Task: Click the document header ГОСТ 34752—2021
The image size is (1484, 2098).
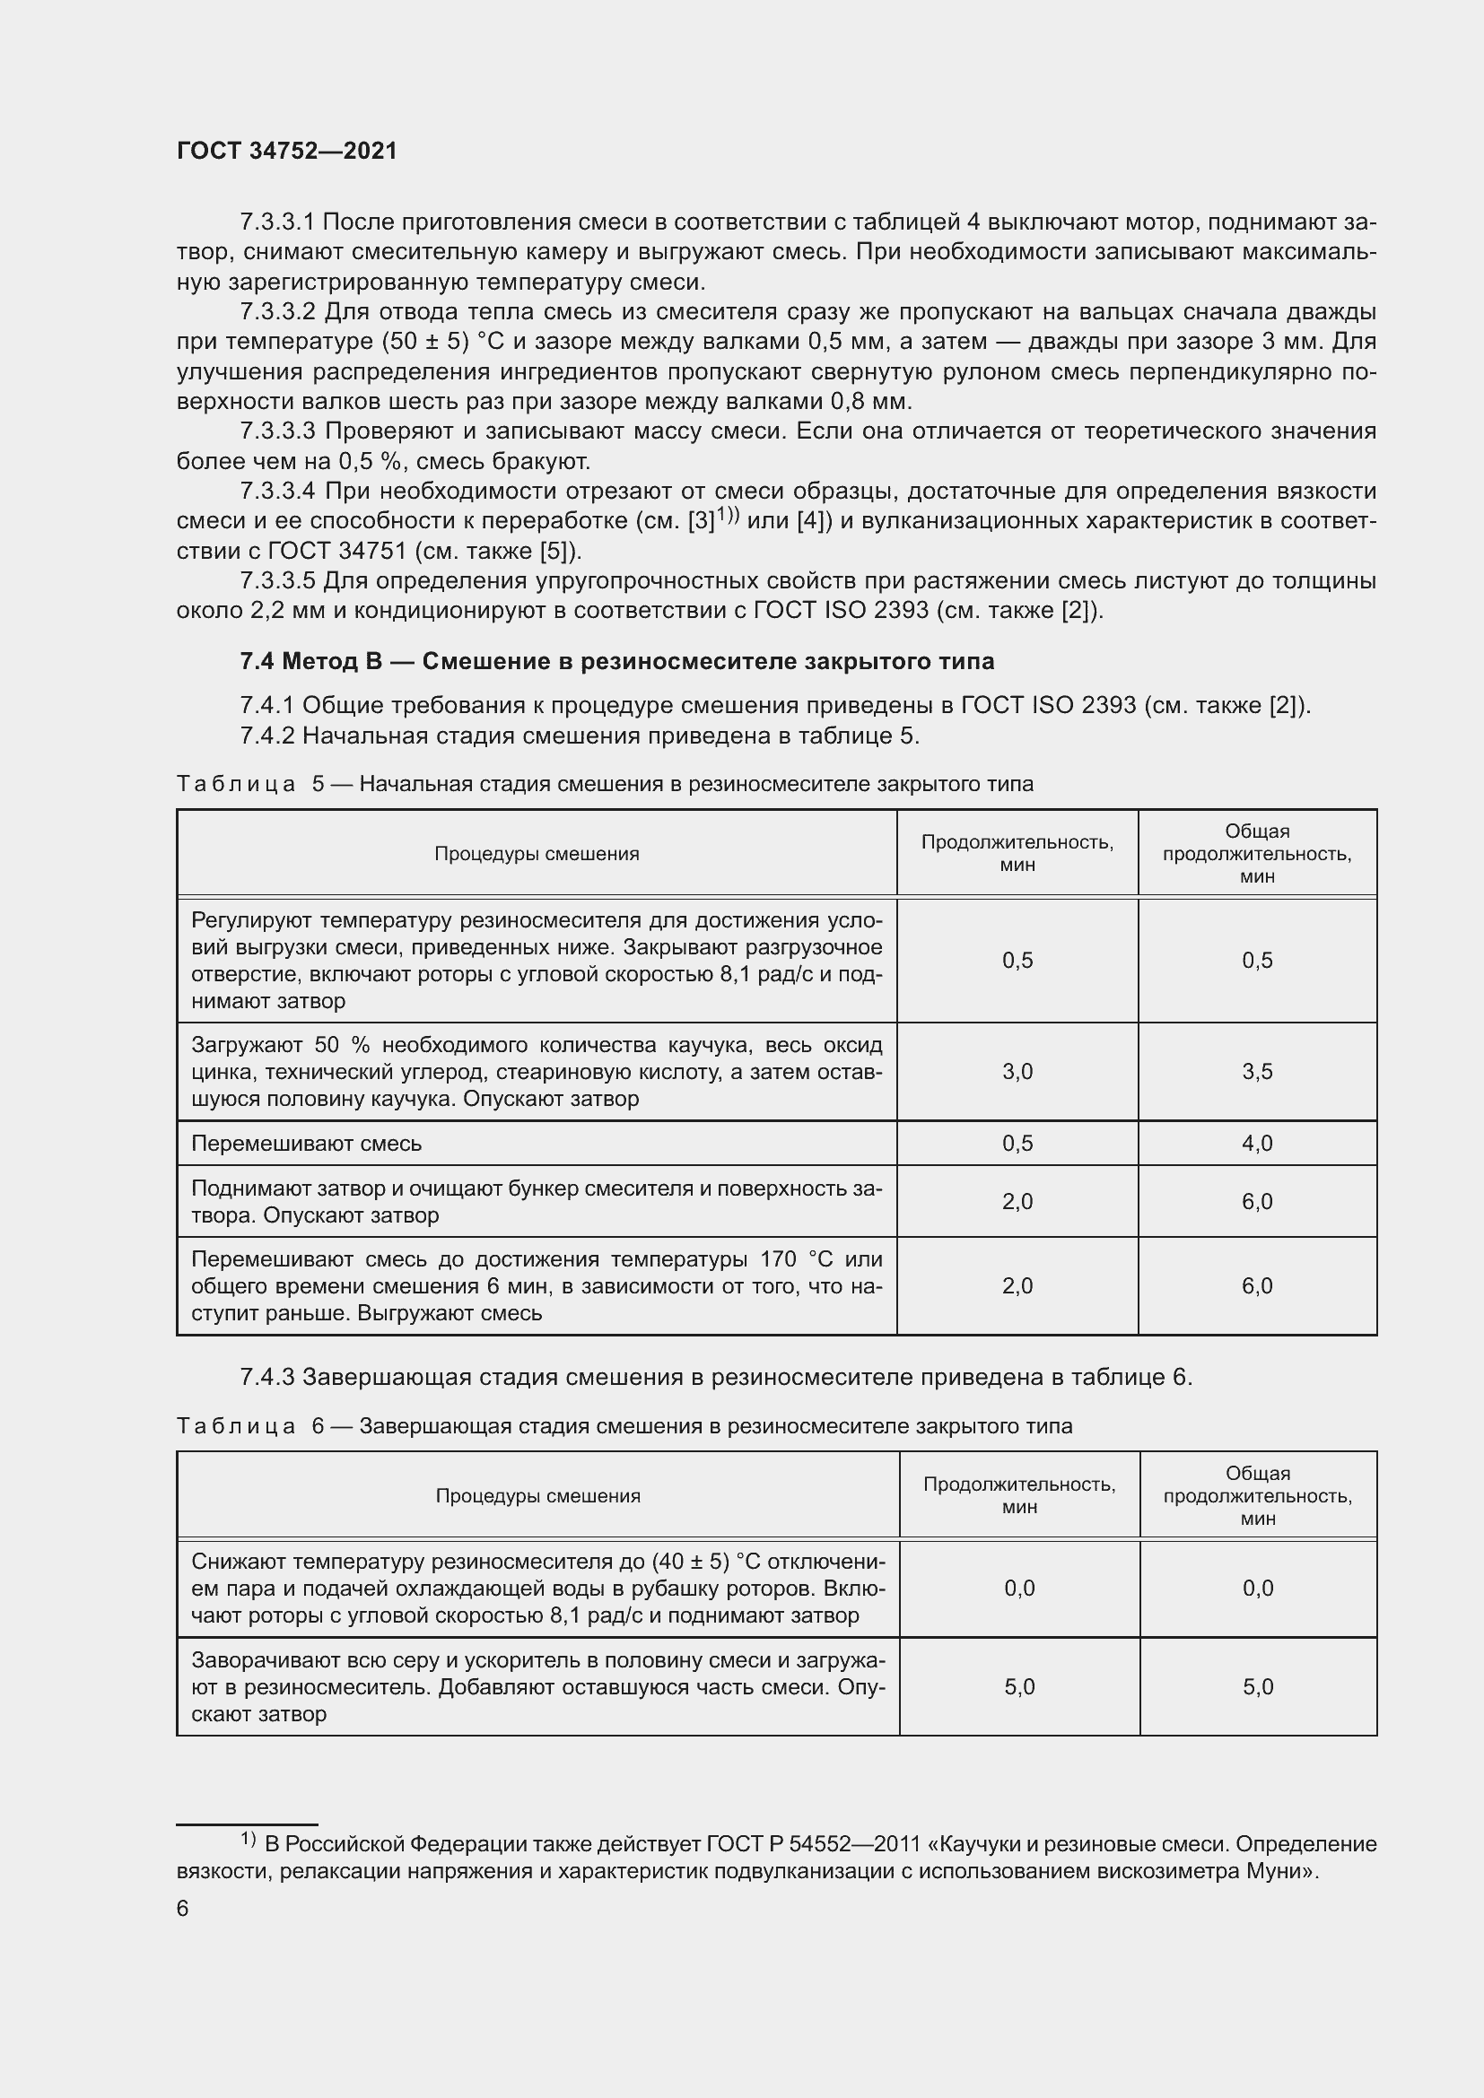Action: pyautogui.click(x=287, y=151)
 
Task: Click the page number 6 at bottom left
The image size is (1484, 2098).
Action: pyautogui.click(x=183, y=1909)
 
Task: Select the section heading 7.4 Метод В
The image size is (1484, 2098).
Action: pyautogui.click(x=616, y=661)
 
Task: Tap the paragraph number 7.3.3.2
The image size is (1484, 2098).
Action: pyautogui.click(x=277, y=311)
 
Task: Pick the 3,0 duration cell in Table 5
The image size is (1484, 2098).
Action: pyautogui.click(x=1017, y=1071)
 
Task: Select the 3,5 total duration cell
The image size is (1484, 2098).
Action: pyautogui.click(x=1256, y=1071)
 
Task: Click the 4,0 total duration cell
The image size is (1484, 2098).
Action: pyautogui.click(x=1256, y=1143)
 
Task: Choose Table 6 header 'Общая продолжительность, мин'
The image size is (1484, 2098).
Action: pyautogui.click(x=1257, y=1496)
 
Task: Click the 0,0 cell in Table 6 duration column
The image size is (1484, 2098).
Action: pyautogui.click(x=1019, y=1589)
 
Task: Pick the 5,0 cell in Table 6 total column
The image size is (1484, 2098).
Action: pyautogui.click(x=1257, y=1687)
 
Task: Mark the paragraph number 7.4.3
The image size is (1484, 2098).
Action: pyautogui.click(x=266, y=1376)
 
